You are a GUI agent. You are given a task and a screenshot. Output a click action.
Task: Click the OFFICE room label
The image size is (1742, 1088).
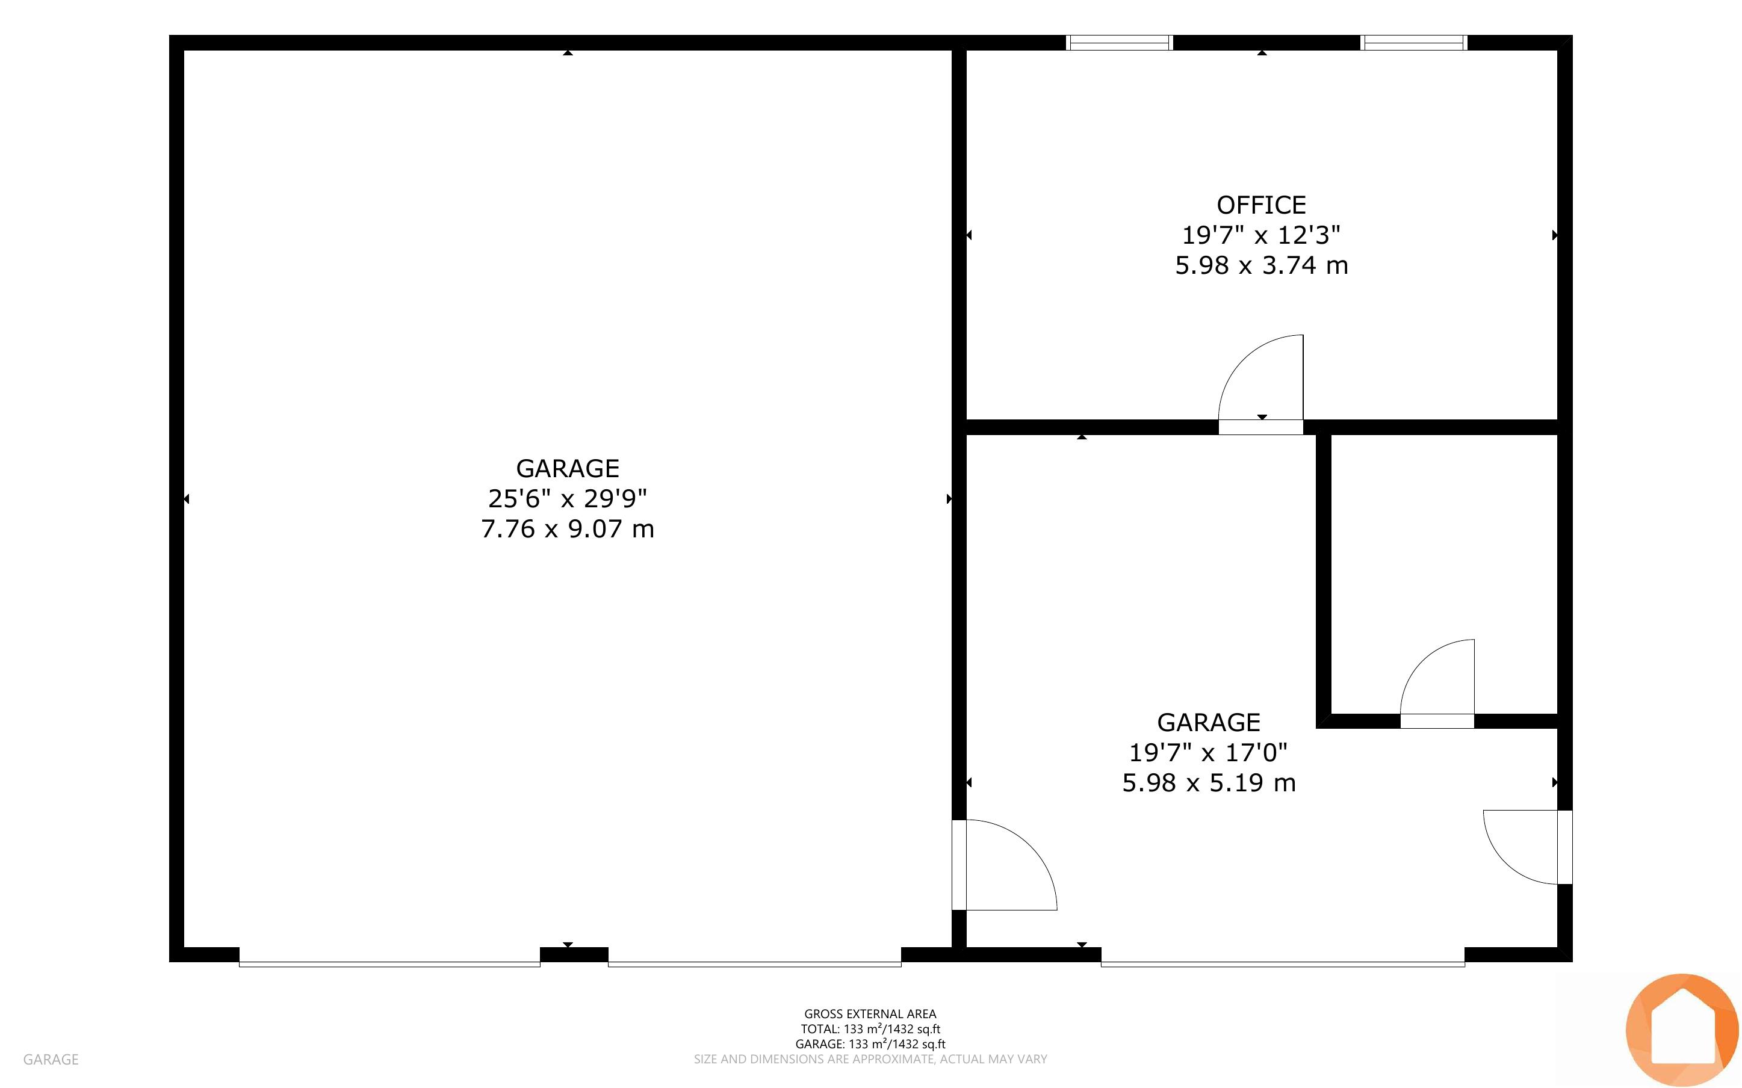1260,205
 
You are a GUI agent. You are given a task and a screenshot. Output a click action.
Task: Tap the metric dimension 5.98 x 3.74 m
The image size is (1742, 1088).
1261,265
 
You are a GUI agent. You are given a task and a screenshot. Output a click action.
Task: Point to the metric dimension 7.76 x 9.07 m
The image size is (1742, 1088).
568,529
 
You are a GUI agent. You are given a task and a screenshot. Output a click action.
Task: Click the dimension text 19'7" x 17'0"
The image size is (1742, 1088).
1208,753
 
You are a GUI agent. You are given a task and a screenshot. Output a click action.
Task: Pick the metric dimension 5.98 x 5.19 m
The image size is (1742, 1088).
1209,783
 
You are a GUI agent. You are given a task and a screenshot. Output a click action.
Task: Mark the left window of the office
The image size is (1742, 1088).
1120,43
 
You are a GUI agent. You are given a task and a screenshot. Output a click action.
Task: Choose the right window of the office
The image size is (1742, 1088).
1414,43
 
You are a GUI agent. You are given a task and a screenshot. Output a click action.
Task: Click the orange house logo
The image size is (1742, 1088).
1682,1030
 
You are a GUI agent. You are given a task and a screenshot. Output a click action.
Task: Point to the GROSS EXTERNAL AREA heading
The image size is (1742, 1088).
870,1014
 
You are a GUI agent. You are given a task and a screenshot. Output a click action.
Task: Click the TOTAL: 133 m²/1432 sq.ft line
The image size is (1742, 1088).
870,1029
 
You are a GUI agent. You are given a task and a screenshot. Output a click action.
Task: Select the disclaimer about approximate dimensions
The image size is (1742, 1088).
870,1059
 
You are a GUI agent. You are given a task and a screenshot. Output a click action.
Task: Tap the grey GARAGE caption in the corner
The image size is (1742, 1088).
51,1059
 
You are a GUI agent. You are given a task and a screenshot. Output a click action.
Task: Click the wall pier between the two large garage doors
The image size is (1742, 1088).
574,955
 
